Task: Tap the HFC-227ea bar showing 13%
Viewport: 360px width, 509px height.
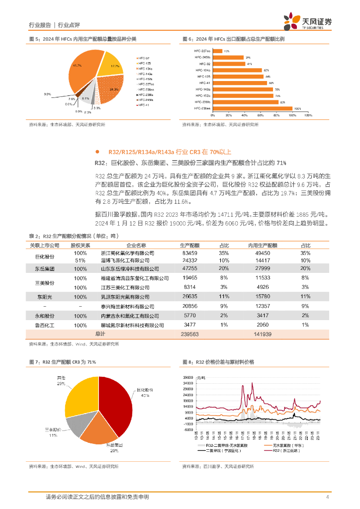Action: (217, 51)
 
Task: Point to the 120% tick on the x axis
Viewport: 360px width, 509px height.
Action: (308, 115)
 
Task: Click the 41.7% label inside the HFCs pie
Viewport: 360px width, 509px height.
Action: (77, 66)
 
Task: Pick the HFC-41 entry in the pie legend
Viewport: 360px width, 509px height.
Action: (144, 105)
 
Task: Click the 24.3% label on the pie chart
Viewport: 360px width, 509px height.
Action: (114, 89)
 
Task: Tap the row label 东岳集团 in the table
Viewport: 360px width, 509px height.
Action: (44, 268)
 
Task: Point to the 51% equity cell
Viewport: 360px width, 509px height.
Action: (80, 260)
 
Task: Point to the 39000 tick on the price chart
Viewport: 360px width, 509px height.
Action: (188, 377)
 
